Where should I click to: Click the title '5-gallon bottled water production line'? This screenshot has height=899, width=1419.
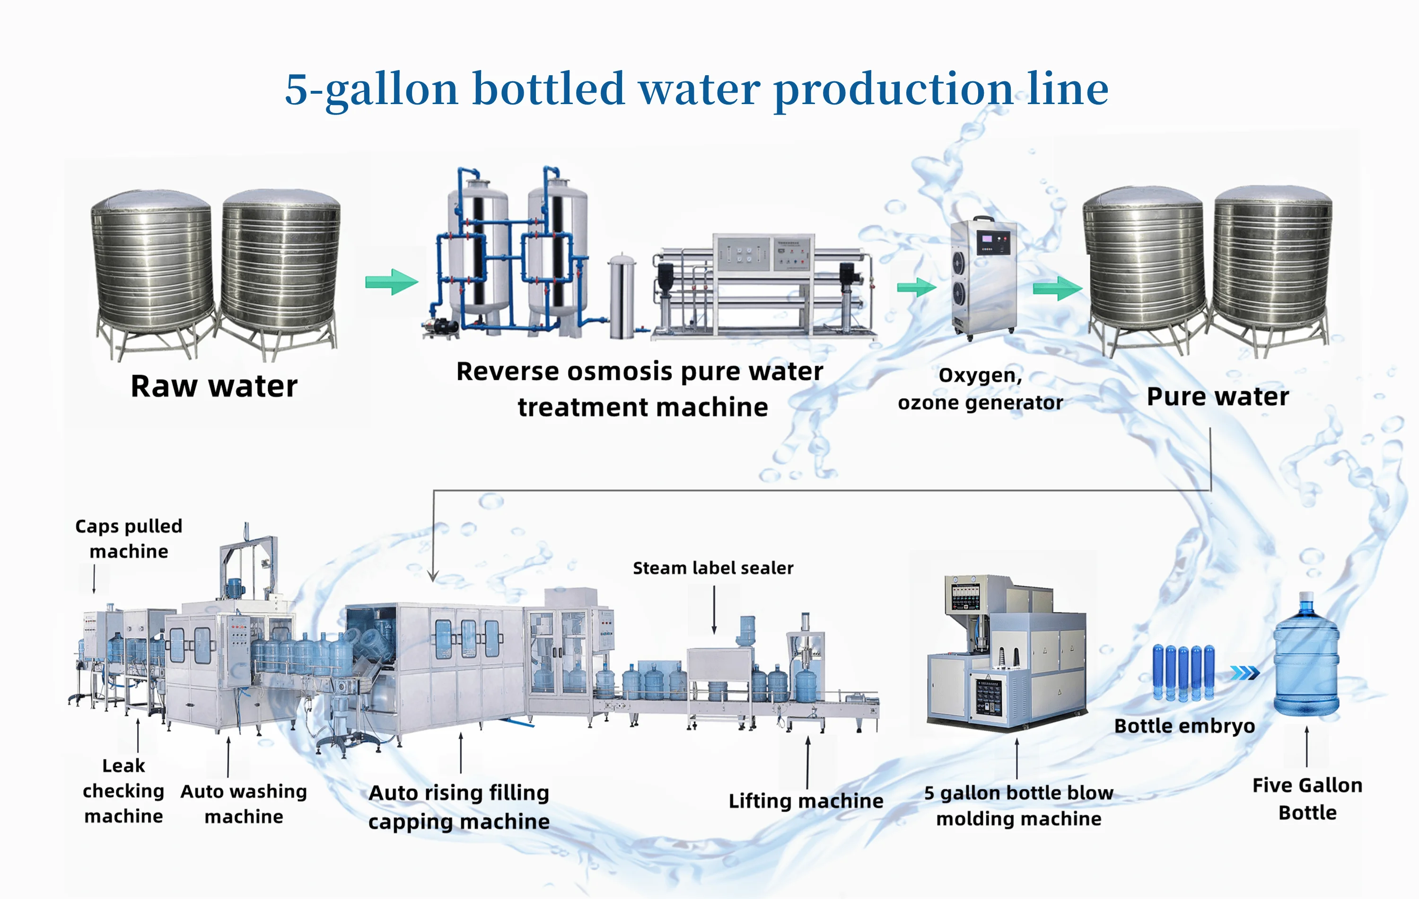697,89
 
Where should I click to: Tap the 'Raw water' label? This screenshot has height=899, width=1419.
214,387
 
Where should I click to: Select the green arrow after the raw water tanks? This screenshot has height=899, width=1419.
391,282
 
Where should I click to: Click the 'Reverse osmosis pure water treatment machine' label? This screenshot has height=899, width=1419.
640,389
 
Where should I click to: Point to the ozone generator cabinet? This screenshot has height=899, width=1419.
983,277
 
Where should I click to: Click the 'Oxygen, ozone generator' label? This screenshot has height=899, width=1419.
980,389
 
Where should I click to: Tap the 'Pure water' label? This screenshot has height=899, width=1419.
1218,396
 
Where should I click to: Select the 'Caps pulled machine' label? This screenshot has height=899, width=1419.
129,538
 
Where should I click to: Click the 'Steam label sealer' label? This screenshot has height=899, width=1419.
712,568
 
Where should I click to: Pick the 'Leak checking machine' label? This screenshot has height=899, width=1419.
123,791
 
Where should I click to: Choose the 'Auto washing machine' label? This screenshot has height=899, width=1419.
244,803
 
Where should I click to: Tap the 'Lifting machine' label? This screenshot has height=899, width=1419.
806,801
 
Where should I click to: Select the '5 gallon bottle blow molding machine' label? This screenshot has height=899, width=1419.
1018,805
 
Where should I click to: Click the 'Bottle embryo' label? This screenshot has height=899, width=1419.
1184,726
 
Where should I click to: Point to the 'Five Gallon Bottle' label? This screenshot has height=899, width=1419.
1307,799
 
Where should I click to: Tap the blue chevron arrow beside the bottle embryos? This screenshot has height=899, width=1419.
1244,673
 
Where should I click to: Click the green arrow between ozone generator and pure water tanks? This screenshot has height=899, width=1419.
1057,288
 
